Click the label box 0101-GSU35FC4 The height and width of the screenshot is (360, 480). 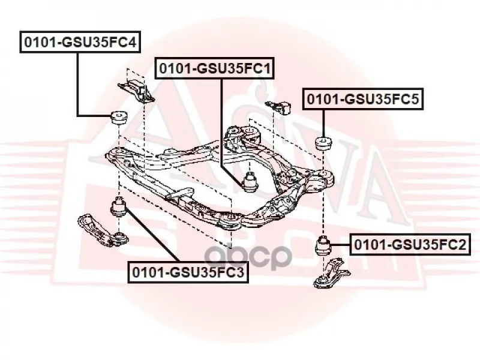point(80,42)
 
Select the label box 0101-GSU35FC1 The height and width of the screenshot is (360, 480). point(215,68)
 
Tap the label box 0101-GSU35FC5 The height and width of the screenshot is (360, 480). point(363,99)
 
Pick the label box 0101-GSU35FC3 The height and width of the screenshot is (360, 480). point(188,272)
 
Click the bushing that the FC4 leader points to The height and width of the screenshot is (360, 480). point(118,118)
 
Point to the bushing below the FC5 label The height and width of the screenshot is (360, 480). point(323,144)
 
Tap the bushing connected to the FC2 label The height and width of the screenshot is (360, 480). point(324,245)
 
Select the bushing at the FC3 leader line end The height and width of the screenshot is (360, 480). point(119,207)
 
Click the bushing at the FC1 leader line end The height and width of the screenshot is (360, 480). point(251,182)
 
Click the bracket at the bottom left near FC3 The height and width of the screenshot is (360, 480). point(103,230)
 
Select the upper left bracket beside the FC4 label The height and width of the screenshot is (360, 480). point(137,89)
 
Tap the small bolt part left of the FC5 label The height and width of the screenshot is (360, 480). point(278,107)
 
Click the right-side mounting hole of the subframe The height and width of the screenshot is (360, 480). point(323,174)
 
